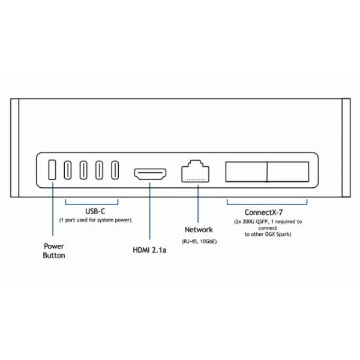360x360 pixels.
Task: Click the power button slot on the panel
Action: [x=52, y=170]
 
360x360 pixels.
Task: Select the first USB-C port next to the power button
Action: [x=68, y=170]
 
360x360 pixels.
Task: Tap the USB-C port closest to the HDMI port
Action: [x=115, y=170]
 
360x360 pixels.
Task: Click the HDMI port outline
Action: [x=150, y=174]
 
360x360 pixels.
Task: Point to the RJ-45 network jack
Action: [x=196, y=171]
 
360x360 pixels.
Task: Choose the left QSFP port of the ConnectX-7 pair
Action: [x=247, y=172]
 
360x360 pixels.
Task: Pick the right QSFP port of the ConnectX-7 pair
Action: [x=288, y=172]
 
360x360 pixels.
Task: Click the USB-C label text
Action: [x=95, y=211]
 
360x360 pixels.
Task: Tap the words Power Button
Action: [x=54, y=251]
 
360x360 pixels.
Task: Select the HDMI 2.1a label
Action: [x=149, y=250]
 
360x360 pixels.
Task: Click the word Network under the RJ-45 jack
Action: [x=199, y=230]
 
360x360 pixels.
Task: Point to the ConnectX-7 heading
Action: [x=263, y=212]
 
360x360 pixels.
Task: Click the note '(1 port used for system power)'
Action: [x=95, y=220]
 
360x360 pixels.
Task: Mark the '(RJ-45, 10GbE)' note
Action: [x=199, y=241]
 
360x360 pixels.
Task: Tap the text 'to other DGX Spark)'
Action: [x=268, y=234]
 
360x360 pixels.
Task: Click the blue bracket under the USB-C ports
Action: [x=92, y=205]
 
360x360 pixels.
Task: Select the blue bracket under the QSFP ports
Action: [x=267, y=205]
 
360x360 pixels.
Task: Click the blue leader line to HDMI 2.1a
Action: [x=149, y=211]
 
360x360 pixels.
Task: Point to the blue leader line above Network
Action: [x=198, y=203]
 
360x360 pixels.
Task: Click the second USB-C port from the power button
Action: [x=83, y=170]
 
